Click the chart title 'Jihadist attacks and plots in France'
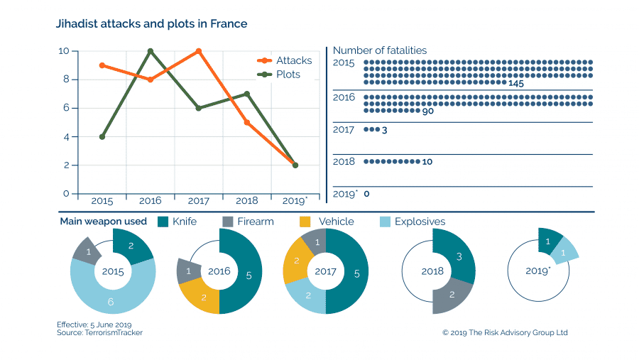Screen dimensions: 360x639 coord(151,24)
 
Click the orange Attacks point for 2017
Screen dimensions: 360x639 coord(198,51)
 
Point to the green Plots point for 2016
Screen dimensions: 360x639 coord(150,51)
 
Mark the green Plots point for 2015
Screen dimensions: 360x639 coord(102,136)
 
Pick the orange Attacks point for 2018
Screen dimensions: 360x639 coord(246,122)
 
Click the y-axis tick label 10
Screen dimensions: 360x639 coord(64,51)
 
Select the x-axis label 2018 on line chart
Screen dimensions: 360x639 coord(246,201)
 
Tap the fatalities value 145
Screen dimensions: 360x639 coord(516,83)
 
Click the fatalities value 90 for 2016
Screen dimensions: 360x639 coord(428,111)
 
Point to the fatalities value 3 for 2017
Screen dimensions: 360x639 coord(384,130)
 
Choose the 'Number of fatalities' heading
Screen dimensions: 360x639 coord(380,50)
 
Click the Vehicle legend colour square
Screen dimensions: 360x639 coord(306,222)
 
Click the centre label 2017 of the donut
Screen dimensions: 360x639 coord(326,271)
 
